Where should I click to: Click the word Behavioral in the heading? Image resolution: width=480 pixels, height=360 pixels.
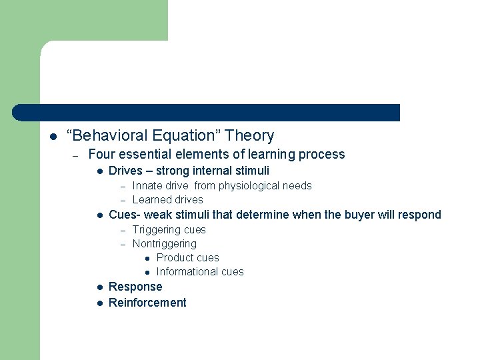(109, 136)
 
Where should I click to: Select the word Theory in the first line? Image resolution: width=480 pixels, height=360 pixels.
(249, 136)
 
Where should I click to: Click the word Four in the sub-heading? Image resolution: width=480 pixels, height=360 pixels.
(102, 155)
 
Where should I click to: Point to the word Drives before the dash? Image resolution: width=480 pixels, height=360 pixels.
(125, 171)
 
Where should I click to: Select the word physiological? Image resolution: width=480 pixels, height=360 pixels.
(247, 186)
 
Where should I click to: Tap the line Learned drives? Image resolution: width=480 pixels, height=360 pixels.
(167, 200)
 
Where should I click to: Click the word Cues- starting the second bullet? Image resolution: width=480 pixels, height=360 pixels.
(124, 215)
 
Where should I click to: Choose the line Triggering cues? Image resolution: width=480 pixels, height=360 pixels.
(169, 230)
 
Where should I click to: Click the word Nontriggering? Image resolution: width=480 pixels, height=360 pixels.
(164, 244)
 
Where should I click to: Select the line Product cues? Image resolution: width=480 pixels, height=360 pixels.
(187, 258)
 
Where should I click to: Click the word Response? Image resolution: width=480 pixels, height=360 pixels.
(135, 287)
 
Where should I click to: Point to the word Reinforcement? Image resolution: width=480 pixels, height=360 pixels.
(147, 303)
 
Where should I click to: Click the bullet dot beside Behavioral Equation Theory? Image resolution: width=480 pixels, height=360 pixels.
(53, 137)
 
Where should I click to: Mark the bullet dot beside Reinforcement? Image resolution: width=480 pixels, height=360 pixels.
(98, 303)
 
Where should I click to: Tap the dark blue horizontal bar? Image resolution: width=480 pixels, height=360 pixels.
(207, 113)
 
